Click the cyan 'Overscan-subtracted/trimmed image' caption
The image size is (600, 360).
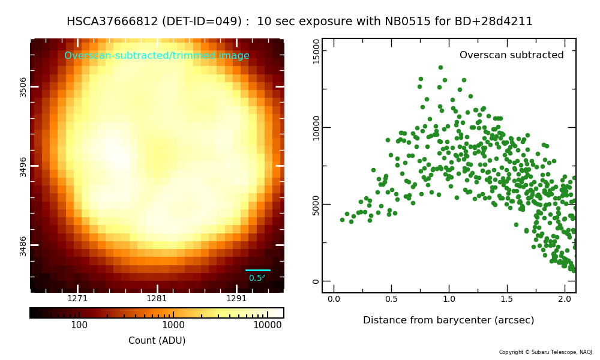tap(157, 56)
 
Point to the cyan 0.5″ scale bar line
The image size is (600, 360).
tap(258, 270)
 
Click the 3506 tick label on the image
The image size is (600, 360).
tap(23, 86)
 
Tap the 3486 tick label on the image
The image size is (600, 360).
tap(23, 245)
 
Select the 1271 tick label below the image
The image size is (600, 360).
tap(77, 298)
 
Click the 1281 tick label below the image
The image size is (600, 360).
tap(157, 298)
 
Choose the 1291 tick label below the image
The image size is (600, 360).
tap(236, 298)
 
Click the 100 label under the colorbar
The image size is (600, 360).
tap(79, 325)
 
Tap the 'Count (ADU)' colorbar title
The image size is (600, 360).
tap(157, 341)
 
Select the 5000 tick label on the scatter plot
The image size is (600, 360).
tap(316, 205)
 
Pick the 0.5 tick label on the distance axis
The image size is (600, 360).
tap(391, 299)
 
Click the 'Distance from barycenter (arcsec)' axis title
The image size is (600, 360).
tap(448, 320)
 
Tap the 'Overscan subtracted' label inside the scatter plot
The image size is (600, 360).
tap(511, 55)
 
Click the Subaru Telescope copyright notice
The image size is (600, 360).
tap(546, 352)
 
